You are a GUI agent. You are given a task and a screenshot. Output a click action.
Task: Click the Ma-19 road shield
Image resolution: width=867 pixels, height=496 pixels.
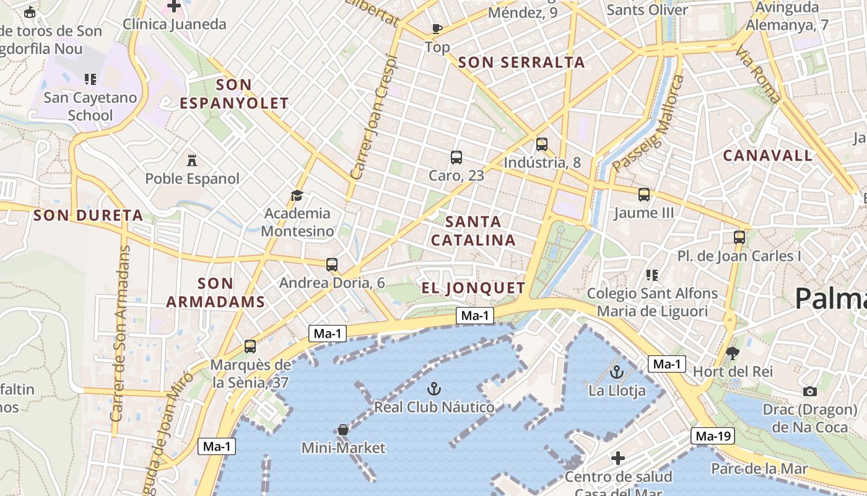713,436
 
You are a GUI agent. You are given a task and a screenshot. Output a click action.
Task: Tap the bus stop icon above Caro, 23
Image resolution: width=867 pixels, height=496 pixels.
456,157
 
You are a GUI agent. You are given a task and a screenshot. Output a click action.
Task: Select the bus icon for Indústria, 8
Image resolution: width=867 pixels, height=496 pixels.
542,144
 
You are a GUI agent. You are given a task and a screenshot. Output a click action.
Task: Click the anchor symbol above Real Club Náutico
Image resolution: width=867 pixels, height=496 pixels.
434,389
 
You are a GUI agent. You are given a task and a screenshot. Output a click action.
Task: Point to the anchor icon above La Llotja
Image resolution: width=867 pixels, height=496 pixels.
616,372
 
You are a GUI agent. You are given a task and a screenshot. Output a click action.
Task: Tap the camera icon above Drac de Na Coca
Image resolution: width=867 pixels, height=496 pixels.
809,391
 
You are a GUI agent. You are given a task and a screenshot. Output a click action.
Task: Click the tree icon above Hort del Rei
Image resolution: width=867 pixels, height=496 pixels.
733,353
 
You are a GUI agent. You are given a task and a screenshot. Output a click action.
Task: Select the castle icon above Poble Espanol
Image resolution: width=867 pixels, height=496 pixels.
192,160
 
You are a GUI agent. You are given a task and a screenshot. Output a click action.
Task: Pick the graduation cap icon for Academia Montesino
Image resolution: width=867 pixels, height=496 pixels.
297,196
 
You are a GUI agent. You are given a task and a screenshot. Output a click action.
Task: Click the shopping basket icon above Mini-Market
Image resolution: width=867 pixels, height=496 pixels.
343,429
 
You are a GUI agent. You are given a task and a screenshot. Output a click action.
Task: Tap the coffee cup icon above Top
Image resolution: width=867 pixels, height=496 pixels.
437,29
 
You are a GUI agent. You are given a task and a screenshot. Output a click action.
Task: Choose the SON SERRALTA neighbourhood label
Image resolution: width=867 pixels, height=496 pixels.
521,62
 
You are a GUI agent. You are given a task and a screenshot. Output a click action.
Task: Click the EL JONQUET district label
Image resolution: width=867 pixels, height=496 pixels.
474,288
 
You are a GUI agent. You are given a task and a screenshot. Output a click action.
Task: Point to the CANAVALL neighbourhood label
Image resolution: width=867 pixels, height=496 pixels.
768,155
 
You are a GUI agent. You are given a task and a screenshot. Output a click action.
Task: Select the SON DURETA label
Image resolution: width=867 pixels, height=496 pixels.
89,216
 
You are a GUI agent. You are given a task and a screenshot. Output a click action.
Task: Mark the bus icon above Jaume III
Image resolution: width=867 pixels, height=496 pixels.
644,195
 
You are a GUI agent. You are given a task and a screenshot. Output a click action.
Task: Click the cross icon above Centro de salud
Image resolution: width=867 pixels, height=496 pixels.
618,458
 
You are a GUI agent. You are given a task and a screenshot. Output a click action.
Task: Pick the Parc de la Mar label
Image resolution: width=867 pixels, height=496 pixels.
759,469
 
